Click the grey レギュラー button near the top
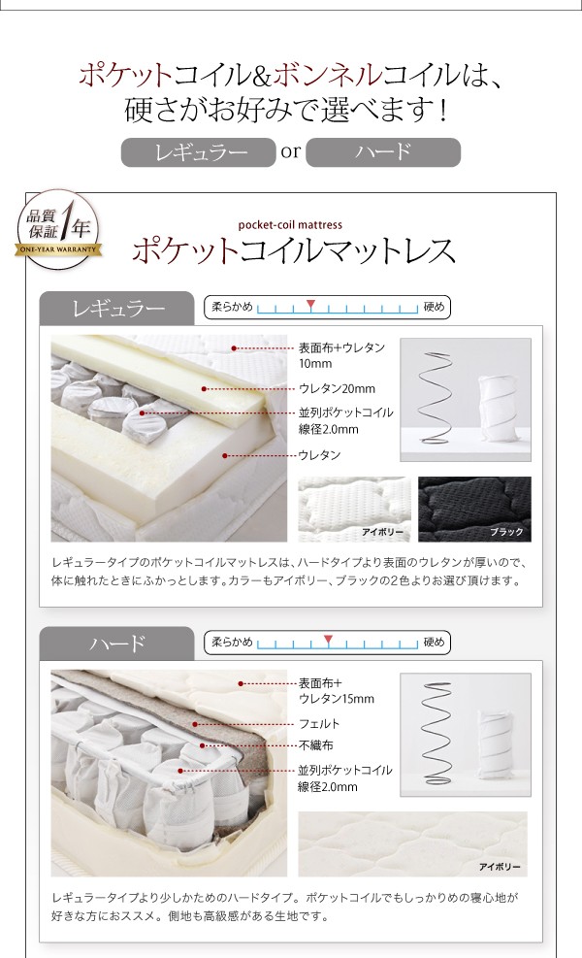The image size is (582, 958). coord(199,152)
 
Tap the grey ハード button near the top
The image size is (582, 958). coord(383,152)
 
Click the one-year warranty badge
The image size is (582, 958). coord(58,230)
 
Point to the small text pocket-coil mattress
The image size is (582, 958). coord(290,225)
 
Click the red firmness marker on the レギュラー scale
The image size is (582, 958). coord(310,304)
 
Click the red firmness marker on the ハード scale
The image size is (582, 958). coord(329,639)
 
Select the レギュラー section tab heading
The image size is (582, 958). coord(117,308)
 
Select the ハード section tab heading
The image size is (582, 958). coord(117,644)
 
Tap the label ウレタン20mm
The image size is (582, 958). coord(337,388)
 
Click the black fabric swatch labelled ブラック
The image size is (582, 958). coord(474,509)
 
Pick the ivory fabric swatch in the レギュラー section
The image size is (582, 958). coord(354,509)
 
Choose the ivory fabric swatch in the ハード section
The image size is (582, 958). coord(412,844)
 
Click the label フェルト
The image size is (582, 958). coord(319,724)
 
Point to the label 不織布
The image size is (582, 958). coord(315,745)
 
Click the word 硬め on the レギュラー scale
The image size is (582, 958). coord(435,307)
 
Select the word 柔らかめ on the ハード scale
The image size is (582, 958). coord(232,643)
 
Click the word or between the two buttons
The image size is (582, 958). coord(291,151)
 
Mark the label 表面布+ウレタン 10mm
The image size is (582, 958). coord(341,355)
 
